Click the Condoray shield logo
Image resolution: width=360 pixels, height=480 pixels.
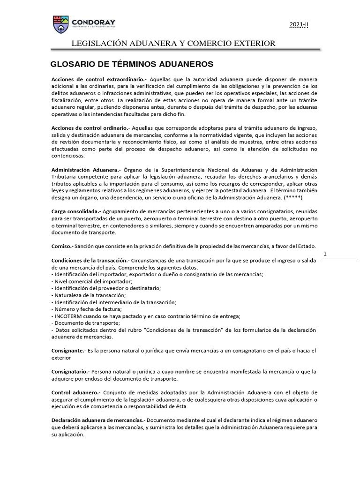tap(61, 23)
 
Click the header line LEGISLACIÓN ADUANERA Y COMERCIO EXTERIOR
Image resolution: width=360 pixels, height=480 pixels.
tap(173, 44)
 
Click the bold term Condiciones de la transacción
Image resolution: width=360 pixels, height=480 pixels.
tap(90, 260)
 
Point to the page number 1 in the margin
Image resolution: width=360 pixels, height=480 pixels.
tap(325, 254)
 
